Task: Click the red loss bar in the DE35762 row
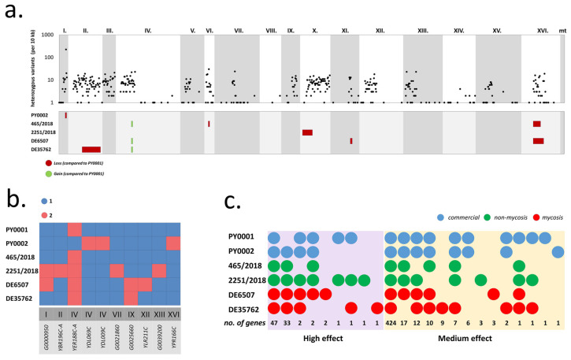(91, 149)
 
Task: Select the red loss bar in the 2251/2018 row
(307, 132)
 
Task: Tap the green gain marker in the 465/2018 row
(132, 124)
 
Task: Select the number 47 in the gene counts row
(274, 324)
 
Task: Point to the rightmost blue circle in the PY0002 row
(558, 252)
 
